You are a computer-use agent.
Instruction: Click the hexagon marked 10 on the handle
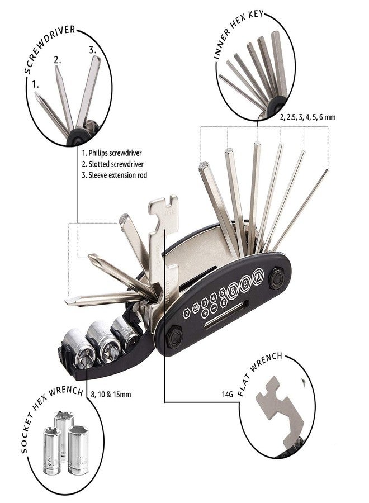tap(257, 276)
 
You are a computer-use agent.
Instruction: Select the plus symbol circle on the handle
tap(205, 313)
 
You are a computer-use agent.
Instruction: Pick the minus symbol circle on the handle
tap(214, 308)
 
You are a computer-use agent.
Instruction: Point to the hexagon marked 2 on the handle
tap(186, 313)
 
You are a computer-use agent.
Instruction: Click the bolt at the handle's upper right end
tap(276, 278)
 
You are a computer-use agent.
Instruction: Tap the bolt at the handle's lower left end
tap(175, 338)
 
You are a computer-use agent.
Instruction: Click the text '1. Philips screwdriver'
tap(112, 153)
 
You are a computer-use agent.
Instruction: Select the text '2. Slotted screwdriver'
tap(112, 164)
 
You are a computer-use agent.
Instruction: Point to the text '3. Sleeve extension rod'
tap(114, 175)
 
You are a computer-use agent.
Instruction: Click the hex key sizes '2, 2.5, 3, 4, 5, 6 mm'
tap(307, 117)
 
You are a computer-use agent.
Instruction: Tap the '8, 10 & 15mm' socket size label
tap(111, 394)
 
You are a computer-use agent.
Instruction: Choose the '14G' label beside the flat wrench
tap(227, 394)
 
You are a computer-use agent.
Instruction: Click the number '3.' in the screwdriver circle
tap(92, 50)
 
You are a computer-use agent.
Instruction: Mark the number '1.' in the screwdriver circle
tap(35, 85)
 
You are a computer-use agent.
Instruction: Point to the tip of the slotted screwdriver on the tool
tap(67, 302)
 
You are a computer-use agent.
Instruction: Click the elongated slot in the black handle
tap(226, 316)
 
